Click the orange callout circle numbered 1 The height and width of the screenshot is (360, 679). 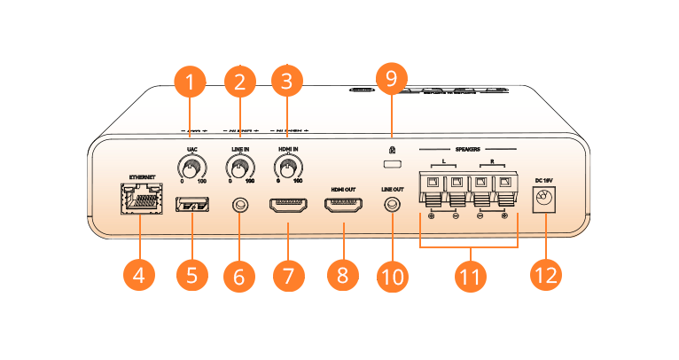pyautogui.click(x=190, y=83)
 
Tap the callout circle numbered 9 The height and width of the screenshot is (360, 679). pyautogui.click(x=391, y=79)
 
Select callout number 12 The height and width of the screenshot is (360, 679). pyautogui.click(x=546, y=274)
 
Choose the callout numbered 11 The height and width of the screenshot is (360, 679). pyautogui.click(x=470, y=276)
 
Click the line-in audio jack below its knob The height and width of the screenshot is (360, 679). pyautogui.click(x=238, y=206)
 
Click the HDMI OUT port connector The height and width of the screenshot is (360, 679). pyautogui.click(x=343, y=206)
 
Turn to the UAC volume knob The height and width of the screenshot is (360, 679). pyautogui.click(x=191, y=166)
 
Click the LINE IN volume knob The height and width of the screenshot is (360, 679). pyautogui.click(x=238, y=166)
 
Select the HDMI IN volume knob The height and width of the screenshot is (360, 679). pyautogui.click(x=287, y=166)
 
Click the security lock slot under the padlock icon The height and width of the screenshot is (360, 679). pyautogui.click(x=391, y=165)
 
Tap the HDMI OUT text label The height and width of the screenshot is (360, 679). pyautogui.click(x=343, y=189)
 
